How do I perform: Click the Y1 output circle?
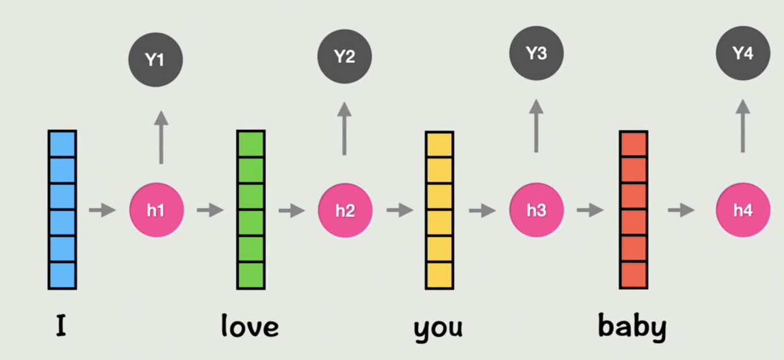155,60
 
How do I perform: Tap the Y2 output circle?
345,57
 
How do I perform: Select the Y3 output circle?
536,53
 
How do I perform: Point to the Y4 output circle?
743,53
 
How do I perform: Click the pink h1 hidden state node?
157,211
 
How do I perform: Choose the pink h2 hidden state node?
345,211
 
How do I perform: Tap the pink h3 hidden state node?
536,210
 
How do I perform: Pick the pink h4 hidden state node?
743,210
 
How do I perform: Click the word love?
250,326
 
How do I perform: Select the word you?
438,328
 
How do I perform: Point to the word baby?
632,327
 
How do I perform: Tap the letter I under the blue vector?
61,326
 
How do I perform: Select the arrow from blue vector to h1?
102,210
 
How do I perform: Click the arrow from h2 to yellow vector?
399,210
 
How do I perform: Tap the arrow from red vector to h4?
681,210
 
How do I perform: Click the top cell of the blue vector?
62,144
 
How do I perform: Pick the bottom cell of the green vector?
251,275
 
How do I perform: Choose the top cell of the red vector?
633,144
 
